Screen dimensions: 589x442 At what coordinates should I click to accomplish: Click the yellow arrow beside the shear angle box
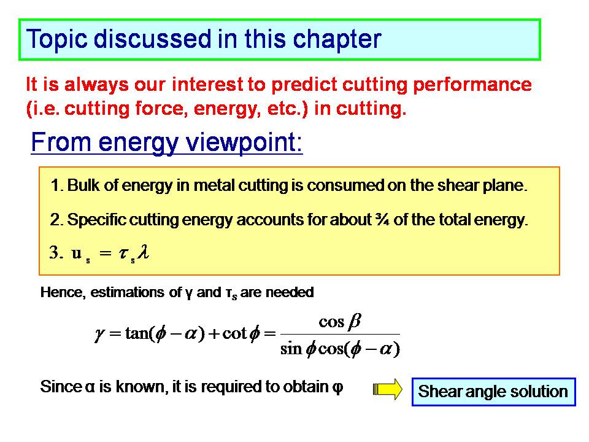[x=387, y=389]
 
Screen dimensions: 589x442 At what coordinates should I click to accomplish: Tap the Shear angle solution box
[x=493, y=392]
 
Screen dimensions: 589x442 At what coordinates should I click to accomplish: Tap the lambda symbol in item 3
[x=143, y=252]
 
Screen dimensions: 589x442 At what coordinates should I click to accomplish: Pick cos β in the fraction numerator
[x=340, y=322]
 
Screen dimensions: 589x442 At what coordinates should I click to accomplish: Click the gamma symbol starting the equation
[x=99, y=334]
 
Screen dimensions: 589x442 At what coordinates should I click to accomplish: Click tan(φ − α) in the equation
[x=165, y=333]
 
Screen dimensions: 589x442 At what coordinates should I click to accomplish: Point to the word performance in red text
[x=472, y=85]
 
